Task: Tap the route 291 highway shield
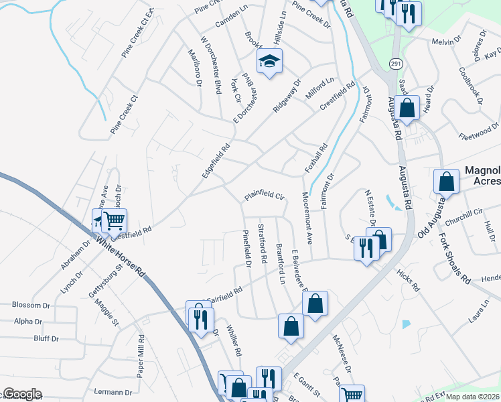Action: point(396,64)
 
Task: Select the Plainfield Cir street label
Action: point(265,196)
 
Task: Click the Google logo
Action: point(22,393)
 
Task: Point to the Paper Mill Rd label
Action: point(141,354)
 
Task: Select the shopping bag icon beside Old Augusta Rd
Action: point(446,181)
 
